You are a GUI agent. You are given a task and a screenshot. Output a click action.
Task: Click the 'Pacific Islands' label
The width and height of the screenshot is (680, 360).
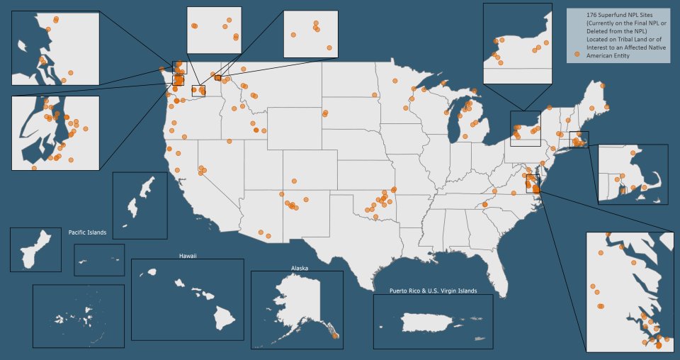(87, 232)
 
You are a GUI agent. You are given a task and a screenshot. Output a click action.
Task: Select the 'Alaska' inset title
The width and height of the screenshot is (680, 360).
(300, 268)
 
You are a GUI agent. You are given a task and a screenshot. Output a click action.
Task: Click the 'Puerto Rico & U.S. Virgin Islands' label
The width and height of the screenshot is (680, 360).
(433, 291)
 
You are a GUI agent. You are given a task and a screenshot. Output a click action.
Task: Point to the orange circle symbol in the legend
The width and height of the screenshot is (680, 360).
(577, 54)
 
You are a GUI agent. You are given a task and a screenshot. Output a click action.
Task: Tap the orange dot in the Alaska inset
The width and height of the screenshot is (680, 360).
(336, 336)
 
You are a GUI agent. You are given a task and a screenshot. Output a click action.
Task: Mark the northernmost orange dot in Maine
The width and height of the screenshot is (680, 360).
(603, 85)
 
